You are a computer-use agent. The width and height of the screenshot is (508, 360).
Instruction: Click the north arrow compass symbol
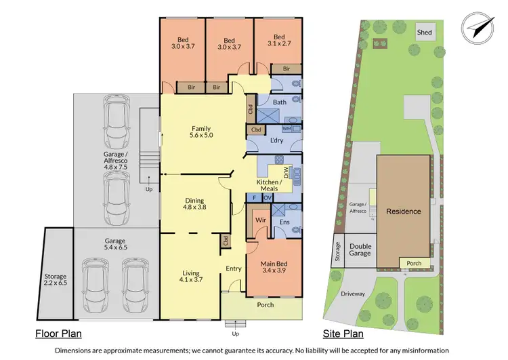pyautogui.click(x=477, y=26)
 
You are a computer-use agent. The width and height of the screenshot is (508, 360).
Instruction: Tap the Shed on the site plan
pyautogui.click(x=425, y=33)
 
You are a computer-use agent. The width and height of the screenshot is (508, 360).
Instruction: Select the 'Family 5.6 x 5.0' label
pyautogui.click(x=201, y=132)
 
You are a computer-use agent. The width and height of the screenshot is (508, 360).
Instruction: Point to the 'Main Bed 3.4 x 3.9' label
pyautogui.click(x=274, y=267)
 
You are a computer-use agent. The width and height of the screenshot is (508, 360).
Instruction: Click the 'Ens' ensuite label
pyautogui.click(x=284, y=221)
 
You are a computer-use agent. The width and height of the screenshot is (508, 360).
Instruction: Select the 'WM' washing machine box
pyautogui.click(x=287, y=128)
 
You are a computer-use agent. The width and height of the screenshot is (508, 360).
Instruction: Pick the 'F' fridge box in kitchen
pyautogui.click(x=254, y=197)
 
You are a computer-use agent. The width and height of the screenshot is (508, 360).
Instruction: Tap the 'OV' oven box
pyautogui.click(x=267, y=197)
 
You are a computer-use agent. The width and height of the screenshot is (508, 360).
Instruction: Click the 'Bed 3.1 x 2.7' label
pyautogui.click(x=279, y=41)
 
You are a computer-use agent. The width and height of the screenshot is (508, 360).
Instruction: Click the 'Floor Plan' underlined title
pyautogui.click(x=60, y=334)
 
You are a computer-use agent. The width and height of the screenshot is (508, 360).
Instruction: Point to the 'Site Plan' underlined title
pyautogui.click(x=343, y=334)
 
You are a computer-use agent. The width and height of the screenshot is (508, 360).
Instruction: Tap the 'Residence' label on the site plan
pyautogui.click(x=404, y=212)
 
